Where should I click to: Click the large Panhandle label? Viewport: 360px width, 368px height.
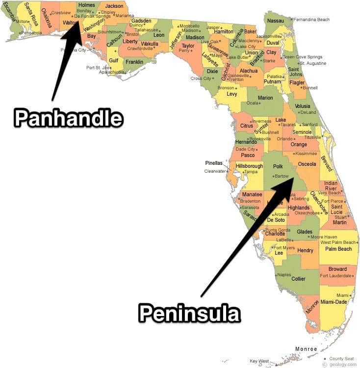click(x=68, y=118)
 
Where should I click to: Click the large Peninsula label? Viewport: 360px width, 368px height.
click(x=189, y=312)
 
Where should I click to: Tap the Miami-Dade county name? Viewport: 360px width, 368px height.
click(x=336, y=302)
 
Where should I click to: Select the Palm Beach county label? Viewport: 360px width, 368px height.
click(x=338, y=249)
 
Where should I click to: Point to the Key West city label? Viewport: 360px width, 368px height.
click(x=260, y=361)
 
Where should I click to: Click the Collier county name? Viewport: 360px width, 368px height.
click(x=298, y=279)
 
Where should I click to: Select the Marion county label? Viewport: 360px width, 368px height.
click(x=265, y=98)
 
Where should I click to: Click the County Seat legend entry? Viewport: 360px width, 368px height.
click(x=342, y=359)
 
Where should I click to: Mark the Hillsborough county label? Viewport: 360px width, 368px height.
click(x=250, y=166)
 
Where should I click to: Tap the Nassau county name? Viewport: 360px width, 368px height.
click(x=276, y=21)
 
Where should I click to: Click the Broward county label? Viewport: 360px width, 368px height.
click(x=337, y=269)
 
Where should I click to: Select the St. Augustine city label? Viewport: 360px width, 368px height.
click(x=312, y=63)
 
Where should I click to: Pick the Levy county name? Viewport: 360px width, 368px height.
click(x=231, y=93)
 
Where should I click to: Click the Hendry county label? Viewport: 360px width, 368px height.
click(x=305, y=251)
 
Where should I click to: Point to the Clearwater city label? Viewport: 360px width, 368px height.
click(x=215, y=171)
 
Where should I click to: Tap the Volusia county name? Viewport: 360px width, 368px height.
click(x=302, y=105)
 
